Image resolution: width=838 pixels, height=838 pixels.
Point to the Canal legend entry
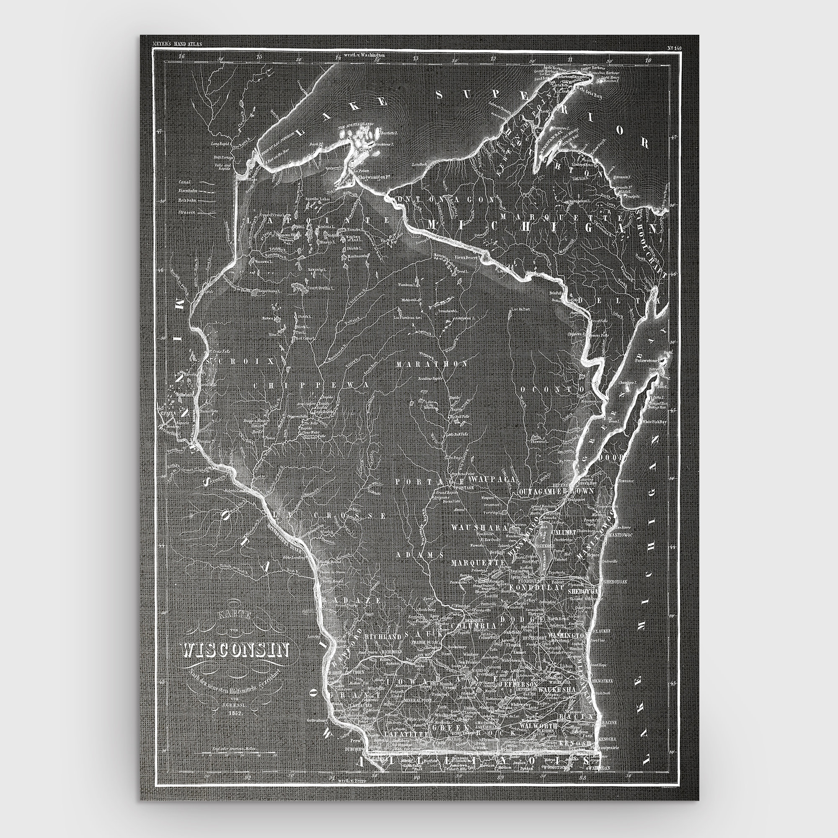tap(185, 182)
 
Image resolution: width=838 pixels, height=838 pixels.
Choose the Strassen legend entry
tap(186, 212)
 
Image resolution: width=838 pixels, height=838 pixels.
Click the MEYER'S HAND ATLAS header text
tap(177, 44)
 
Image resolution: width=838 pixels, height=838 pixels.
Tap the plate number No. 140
tap(673, 48)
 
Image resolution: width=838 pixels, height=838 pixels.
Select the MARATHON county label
tap(432, 364)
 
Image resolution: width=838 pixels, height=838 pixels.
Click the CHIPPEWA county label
tap(310, 385)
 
